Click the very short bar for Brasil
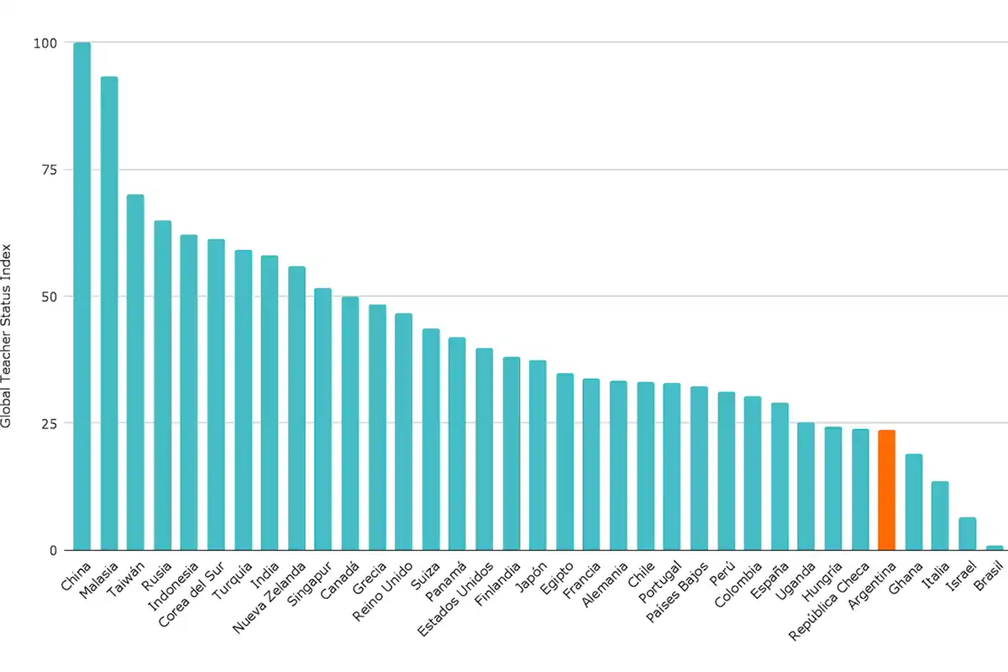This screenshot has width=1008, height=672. pyautogui.click(x=994, y=548)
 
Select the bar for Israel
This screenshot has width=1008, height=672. pyautogui.click(x=967, y=533)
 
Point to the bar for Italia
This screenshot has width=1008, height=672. pyautogui.click(x=940, y=516)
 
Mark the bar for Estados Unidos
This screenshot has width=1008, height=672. pyautogui.click(x=484, y=449)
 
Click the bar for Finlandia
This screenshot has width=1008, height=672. pyautogui.click(x=511, y=454)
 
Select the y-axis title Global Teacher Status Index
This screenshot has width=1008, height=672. pyautogui.click(x=7, y=336)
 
